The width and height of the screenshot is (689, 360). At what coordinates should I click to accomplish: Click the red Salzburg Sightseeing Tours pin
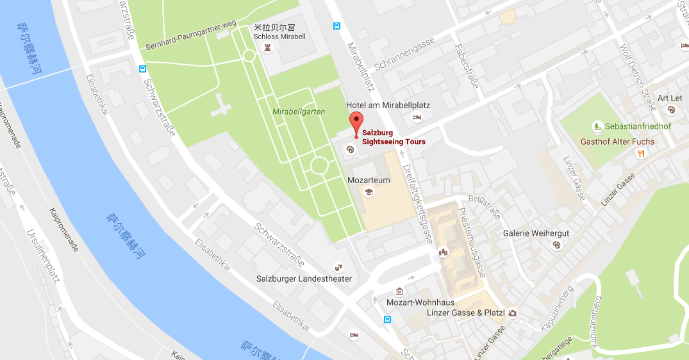pyautogui.click(x=356, y=122)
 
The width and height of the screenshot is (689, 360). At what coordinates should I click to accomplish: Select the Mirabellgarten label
pyautogui.click(x=299, y=111)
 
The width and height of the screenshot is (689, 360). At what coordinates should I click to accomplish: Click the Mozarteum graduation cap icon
pyautogui.click(x=369, y=192)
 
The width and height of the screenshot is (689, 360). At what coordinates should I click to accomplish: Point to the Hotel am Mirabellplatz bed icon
pyautogui.click(x=417, y=117)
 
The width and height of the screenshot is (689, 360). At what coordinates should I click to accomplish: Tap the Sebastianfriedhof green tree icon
pyautogui.click(x=597, y=126)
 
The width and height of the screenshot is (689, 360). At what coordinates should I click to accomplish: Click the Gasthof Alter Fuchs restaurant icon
pyautogui.click(x=640, y=153)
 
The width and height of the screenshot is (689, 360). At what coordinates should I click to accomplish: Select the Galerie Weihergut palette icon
pyautogui.click(x=556, y=245)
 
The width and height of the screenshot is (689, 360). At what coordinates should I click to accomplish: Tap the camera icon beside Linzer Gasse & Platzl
pyautogui.click(x=512, y=313)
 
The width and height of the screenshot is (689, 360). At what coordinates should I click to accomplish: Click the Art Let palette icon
pyautogui.click(x=671, y=110)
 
